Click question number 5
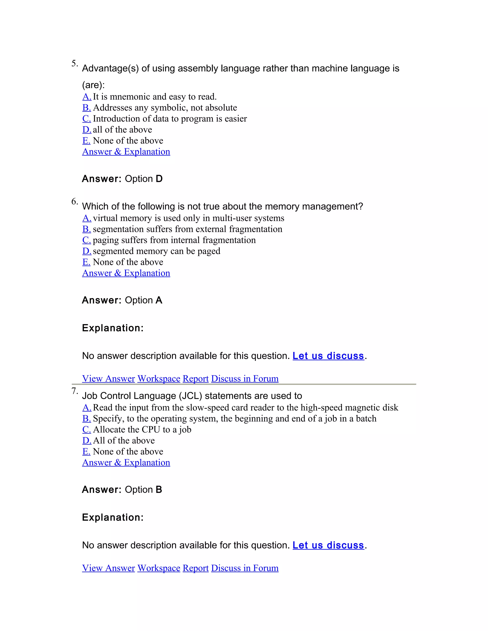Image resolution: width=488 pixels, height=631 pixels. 75,63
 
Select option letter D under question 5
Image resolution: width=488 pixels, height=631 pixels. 87,130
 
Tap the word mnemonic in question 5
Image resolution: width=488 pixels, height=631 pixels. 130,96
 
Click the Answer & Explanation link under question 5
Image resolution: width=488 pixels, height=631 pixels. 126,152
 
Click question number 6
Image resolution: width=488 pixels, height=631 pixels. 75,201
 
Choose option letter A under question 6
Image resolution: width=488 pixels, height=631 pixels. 87,218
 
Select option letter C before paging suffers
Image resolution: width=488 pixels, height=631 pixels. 86,240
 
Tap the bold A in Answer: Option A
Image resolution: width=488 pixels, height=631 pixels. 159,300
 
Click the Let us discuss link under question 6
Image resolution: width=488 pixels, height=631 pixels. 328,356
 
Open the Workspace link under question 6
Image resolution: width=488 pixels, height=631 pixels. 159,379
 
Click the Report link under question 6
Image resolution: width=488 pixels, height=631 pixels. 195,379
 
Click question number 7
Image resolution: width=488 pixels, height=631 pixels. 75,391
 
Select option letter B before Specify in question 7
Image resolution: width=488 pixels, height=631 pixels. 86,419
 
